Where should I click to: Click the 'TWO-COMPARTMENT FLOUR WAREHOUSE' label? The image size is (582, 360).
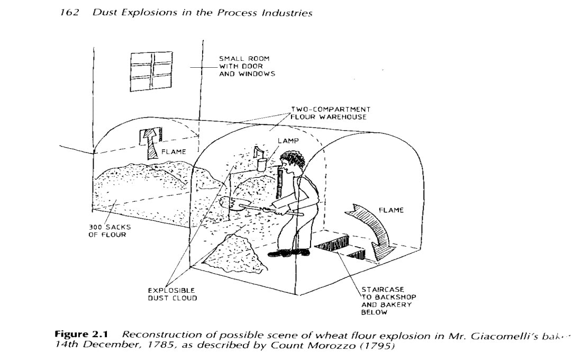point(328,113)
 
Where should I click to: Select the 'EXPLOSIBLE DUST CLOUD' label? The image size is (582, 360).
point(172,294)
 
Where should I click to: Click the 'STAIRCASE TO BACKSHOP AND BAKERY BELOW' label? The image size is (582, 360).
point(386,301)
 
